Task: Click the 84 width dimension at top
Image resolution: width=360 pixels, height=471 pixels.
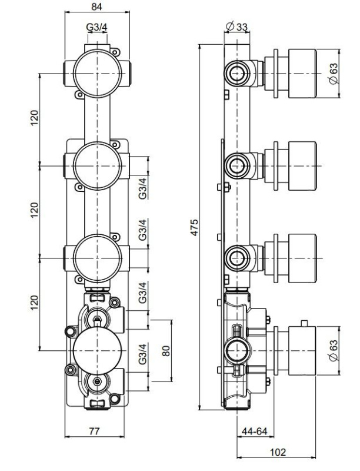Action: tap(97, 6)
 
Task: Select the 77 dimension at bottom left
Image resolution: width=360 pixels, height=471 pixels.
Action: tap(94, 432)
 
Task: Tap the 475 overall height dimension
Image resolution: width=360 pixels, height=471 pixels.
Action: tap(195, 227)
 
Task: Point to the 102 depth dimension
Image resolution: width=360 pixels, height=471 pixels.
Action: tap(278, 452)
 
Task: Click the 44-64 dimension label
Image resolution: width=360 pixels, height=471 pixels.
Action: tap(254, 432)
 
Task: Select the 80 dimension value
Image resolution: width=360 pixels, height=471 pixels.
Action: tap(166, 351)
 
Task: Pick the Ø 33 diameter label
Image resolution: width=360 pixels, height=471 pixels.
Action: tap(236, 26)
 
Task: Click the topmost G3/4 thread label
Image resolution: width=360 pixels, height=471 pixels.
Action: tap(96, 27)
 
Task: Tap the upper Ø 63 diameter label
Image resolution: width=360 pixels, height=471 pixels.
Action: tap(333, 74)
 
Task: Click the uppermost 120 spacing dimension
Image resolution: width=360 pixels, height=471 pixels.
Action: tap(35, 118)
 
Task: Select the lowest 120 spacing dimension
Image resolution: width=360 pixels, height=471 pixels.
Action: tap(35, 303)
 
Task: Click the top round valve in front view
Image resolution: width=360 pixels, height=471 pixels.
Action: tap(98, 74)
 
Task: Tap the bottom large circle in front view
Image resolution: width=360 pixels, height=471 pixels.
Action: tap(98, 351)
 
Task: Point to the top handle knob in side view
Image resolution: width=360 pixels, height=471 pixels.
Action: tap(302, 74)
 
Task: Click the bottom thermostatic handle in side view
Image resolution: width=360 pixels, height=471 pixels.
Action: tap(302, 351)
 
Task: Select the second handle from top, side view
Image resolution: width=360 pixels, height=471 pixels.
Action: tap(302, 166)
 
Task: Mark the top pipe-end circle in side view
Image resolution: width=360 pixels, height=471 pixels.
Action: tap(237, 74)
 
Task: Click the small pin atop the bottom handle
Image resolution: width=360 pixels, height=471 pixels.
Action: tap(305, 323)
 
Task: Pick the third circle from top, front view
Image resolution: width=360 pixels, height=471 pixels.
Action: tap(98, 258)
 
